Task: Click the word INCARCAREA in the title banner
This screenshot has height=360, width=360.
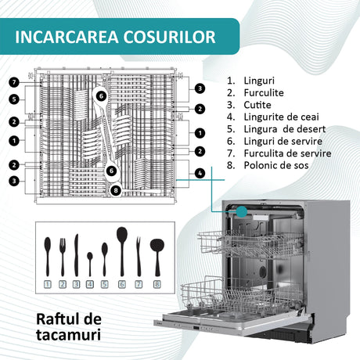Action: [67, 37]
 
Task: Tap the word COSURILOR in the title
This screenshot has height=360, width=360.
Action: [170, 37]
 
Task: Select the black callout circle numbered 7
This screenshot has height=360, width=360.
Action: [14, 82]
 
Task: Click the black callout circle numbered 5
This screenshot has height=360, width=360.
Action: [14, 99]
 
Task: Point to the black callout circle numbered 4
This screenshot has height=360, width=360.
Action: [200, 173]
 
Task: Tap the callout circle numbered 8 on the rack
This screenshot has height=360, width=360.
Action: [116, 190]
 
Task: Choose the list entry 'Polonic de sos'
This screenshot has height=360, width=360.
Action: [276, 165]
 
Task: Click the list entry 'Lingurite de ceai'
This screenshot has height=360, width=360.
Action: [281, 117]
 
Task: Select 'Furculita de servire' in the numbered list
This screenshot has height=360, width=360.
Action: [287, 153]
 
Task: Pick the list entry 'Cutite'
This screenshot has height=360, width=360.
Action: [257, 105]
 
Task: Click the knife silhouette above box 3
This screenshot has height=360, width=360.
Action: [76, 255]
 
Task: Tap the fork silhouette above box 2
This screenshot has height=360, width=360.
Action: [63, 257]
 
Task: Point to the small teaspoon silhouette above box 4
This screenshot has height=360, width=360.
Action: [90, 264]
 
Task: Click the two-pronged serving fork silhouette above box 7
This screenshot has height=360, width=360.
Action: [139, 257]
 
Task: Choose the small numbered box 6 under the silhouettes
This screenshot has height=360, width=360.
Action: [122, 284]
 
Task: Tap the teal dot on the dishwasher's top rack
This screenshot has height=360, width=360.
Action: [242, 211]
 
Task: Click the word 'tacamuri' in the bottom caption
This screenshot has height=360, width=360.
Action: [68, 335]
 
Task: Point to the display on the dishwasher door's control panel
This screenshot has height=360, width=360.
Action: [196, 327]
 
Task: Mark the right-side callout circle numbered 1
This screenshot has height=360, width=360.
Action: [200, 133]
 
